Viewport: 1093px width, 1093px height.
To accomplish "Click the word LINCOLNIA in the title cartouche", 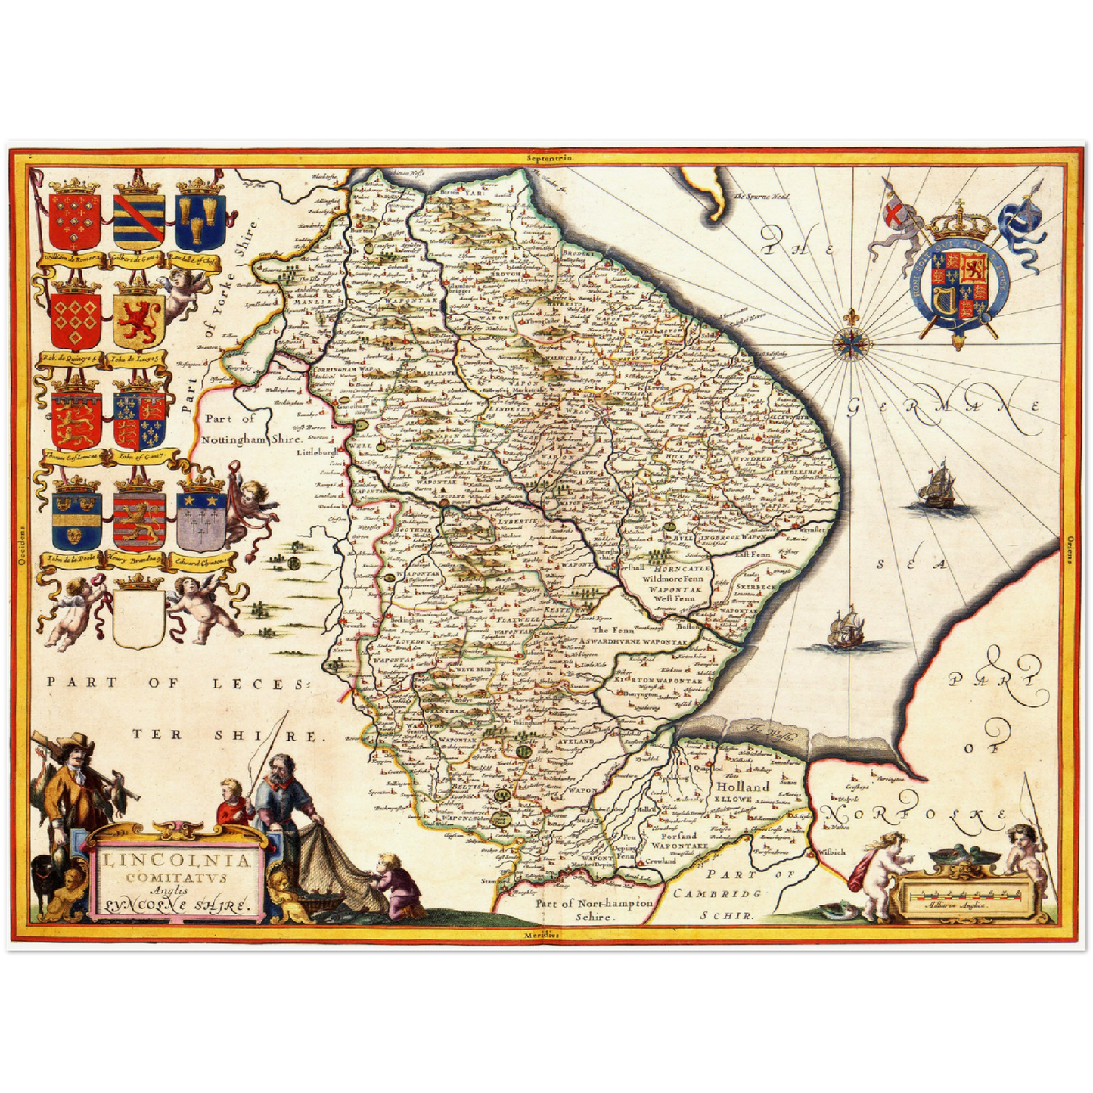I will coord(175,861).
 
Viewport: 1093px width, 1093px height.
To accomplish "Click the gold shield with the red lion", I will coord(139,318).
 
